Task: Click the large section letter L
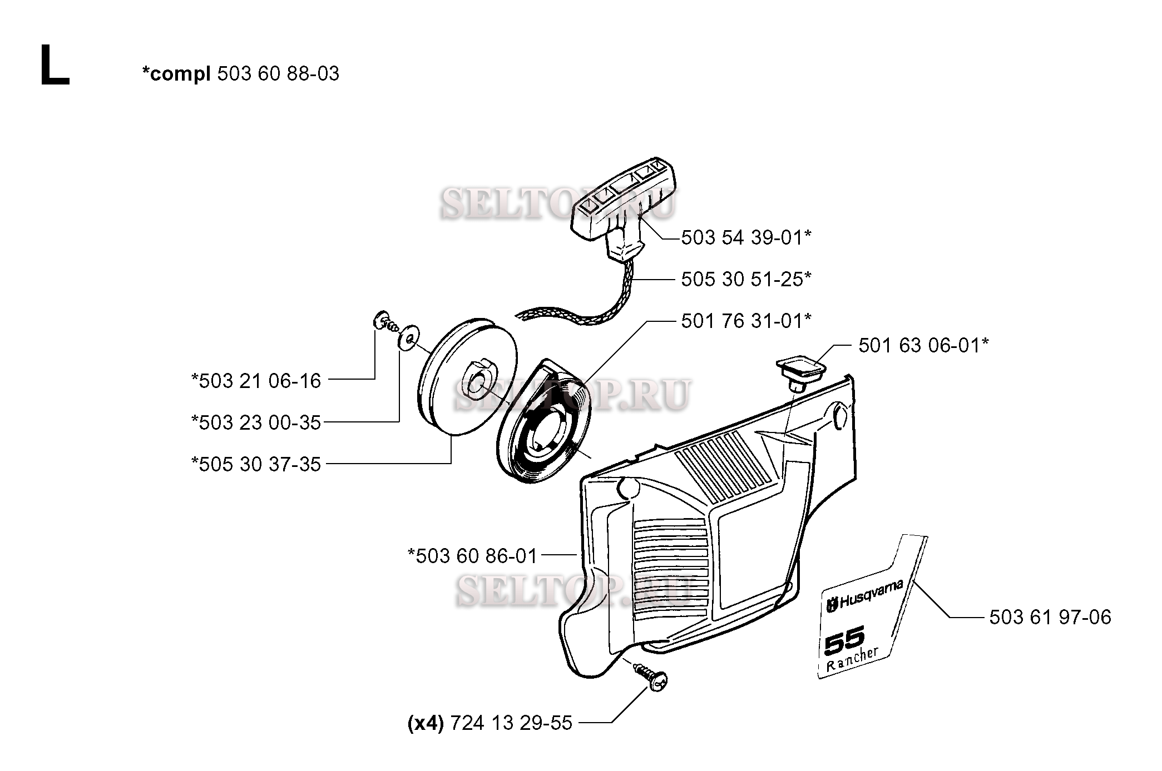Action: coord(55,66)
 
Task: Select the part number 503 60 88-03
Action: coord(278,74)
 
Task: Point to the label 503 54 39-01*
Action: coord(746,237)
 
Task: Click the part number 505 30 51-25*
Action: coord(746,279)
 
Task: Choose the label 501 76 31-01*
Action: coord(746,321)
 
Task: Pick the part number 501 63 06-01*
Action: coord(923,345)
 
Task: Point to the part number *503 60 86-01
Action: coord(472,556)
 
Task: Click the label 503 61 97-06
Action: coord(1050,617)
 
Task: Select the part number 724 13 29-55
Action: coord(511,723)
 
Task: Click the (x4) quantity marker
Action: coord(426,723)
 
